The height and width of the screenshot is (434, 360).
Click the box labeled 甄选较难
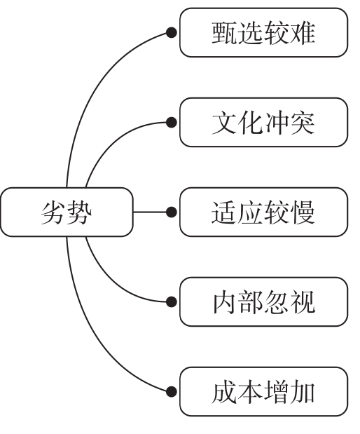[x=263, y=32]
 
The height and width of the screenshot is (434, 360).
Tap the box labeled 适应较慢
[x=263, y=212]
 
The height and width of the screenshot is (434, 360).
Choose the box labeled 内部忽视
[x=263, y=301]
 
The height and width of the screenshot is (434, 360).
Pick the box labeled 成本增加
[x=263, y=391]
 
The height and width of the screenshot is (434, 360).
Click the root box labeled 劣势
[x=67, y=212]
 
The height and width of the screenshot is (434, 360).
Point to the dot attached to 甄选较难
[x=170, y=32]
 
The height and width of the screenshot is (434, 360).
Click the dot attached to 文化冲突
[x=170, y=122]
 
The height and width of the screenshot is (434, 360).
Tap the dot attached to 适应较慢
[x=170, y=212]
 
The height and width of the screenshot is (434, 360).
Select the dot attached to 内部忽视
[x=170, y=301]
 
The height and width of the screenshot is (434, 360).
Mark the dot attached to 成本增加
[x=170, y=391]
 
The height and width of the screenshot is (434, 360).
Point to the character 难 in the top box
[x=303, y=32]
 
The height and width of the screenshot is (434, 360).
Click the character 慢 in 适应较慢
[x=303, y=212]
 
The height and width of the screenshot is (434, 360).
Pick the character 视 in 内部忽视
[x=303, y=301]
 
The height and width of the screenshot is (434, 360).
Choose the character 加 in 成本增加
[x=303, y=391]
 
